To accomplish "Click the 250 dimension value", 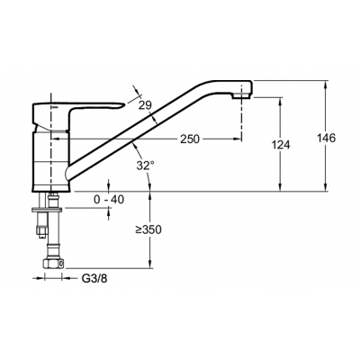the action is pos(190,139).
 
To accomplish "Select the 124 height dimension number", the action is pos(281,145).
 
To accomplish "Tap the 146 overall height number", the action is pos(326,138).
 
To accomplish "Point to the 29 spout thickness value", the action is pos(145,105).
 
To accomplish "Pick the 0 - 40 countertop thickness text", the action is pos(109,199).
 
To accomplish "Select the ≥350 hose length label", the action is pos(148,229).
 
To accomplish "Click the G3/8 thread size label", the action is pos(94,279).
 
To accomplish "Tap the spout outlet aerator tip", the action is pos(241,95).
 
